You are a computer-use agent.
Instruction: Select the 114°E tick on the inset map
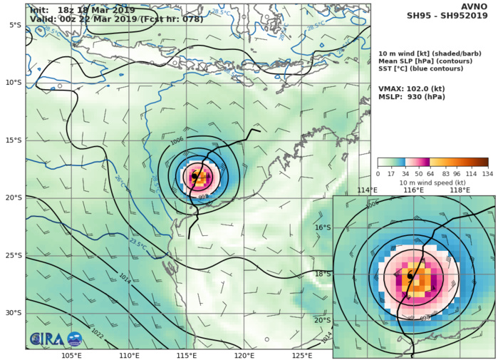368,190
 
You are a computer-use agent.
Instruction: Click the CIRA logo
46,339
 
